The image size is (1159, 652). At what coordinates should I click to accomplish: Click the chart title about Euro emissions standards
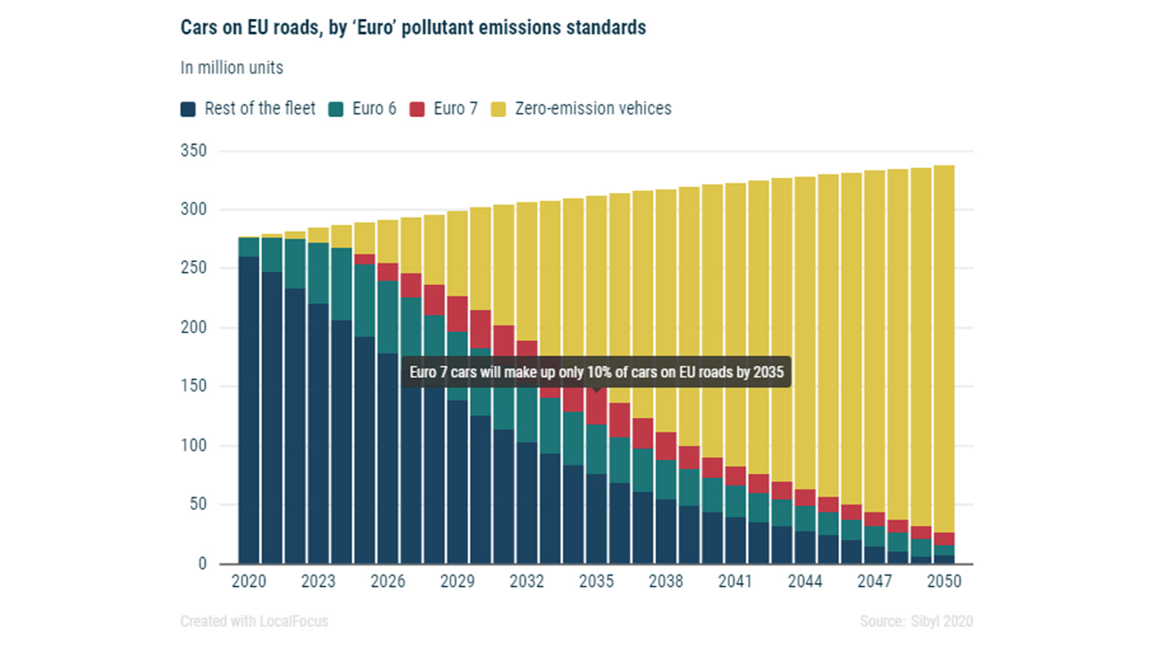coord(413,28)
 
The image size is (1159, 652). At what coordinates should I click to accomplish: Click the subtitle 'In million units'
coord(232,67)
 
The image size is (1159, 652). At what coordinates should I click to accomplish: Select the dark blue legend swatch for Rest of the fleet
coord(188,109)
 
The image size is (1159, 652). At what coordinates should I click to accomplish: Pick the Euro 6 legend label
coord(374,109)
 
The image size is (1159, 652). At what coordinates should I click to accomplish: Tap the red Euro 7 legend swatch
coord(417,109)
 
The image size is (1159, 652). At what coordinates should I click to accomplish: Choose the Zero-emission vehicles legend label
coord(593,109)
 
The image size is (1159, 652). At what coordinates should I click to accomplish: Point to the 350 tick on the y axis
coord(193,151)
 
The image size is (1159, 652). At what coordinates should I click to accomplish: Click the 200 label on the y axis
coord(193,327)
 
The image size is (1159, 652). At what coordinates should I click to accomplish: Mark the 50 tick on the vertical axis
coord(198,504)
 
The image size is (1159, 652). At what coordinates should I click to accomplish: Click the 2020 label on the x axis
coord(248,581)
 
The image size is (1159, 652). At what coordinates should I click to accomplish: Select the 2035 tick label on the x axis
coord(596,581)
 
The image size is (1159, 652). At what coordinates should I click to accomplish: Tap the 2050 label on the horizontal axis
coord(944,581)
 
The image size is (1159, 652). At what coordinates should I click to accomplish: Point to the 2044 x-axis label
coord(805,581)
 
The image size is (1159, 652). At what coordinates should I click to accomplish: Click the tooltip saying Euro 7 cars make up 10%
coord(596,372)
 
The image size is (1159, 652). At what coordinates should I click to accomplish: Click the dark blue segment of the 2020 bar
coord(248,409)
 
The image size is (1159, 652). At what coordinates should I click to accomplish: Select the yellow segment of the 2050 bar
coord(944,348)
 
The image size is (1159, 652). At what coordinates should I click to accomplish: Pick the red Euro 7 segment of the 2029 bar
coord(457,314)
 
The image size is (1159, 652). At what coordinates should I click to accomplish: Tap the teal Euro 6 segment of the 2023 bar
coord(318,273)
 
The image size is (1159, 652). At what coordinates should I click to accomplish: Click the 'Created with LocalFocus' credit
coord(254,621)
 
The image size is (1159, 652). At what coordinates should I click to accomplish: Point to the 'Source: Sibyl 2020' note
coord(916,621)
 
